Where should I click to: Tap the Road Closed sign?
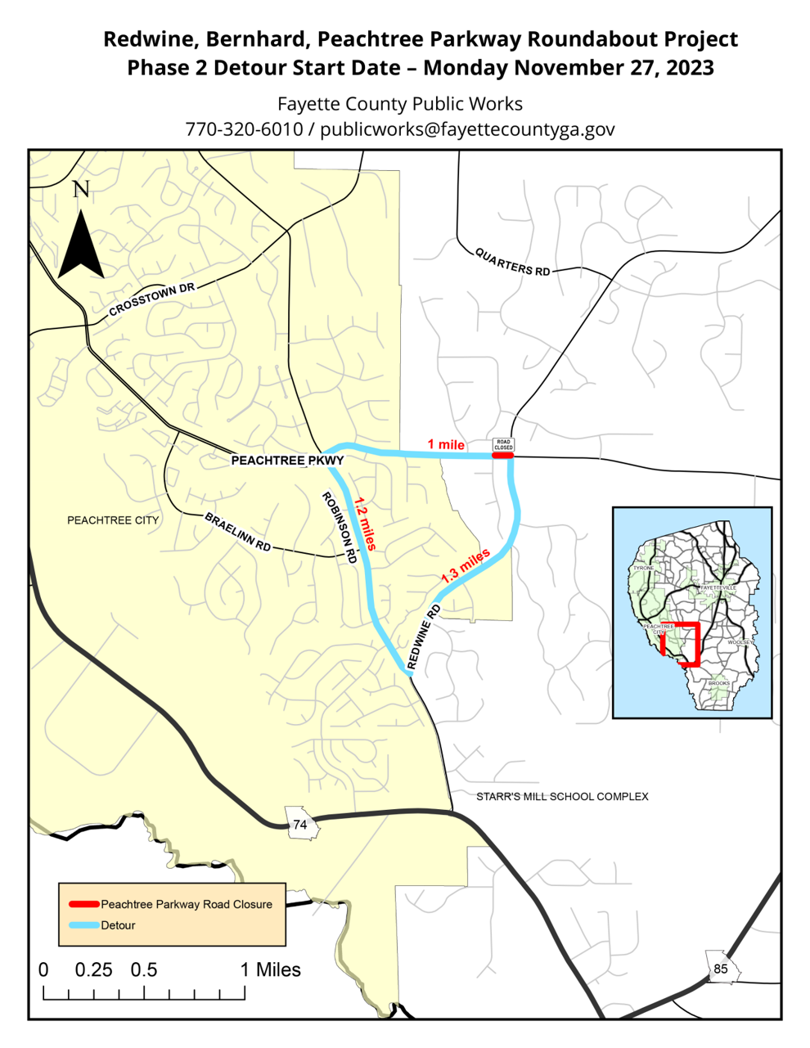click(503, 446)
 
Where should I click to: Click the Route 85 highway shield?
click(720, 969)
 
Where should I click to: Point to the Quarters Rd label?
click(513, 261)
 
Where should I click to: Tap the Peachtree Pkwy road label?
click(287, 461)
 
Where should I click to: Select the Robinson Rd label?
click(340, 528)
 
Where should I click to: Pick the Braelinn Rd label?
click(238, 533)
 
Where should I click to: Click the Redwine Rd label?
click(424, 637)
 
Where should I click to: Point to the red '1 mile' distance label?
click(446, 444)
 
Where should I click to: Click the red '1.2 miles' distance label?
click(364, 524)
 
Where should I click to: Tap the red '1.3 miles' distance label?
click(466, 565)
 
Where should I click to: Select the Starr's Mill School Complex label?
click(562, 796)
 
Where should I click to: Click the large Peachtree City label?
click(113, 520)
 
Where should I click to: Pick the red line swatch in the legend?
click(84, 904)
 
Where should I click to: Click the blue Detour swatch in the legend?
click(84, 925)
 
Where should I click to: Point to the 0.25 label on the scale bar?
click(93, 970)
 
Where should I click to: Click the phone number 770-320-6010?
click(244, 129)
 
